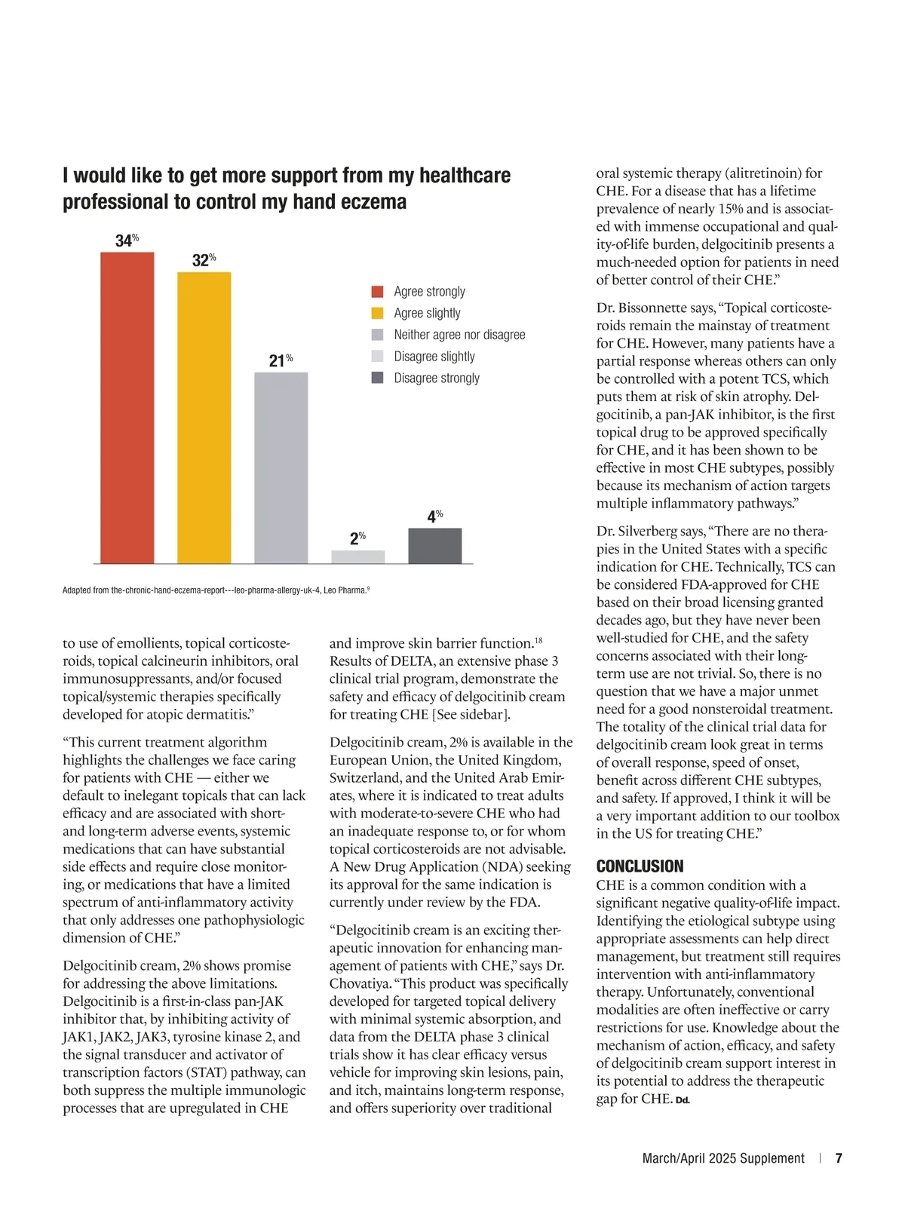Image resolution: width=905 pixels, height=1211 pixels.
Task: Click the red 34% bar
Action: click(x=127, y=407)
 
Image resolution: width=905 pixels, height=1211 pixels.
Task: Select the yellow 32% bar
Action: click(x=204, y=418)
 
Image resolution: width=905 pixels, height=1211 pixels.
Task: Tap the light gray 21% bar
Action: click(x=281, y=468)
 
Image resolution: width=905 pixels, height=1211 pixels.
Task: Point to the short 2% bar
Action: click(x=357, y=556)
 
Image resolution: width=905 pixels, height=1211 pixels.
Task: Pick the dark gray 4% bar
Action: click(x=434, y=546)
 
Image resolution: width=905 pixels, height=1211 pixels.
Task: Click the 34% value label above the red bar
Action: click(x=126, y=241)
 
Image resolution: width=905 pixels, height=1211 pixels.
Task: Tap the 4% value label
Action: click(x=434, y=517)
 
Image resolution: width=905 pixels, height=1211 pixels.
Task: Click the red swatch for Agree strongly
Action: click(x=377, y=292)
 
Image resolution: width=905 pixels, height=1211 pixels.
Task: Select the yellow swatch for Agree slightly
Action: click(x=377, y=313)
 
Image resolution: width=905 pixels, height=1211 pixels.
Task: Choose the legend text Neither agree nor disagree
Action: click(x=459, y=335)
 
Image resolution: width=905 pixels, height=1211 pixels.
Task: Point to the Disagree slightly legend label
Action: click(x=434, y=357)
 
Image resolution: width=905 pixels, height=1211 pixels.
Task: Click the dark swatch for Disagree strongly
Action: click(x=377, y=378)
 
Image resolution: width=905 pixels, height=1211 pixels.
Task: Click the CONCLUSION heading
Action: click(x=640, y=866)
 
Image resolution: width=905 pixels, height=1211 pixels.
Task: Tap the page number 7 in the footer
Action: click(x=839, y=1158)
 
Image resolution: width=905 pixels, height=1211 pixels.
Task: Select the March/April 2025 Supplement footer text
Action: click(x=723, y=1158)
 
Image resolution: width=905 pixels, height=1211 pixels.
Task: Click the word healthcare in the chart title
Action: click(x=465, y=176)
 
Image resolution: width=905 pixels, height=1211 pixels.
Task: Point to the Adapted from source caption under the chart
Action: click(x=216, y=590)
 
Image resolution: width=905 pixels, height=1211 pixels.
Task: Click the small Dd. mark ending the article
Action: click(x=683, y=1100)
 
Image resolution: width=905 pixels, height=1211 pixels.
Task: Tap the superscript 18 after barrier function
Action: click(x=538, y=641)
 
